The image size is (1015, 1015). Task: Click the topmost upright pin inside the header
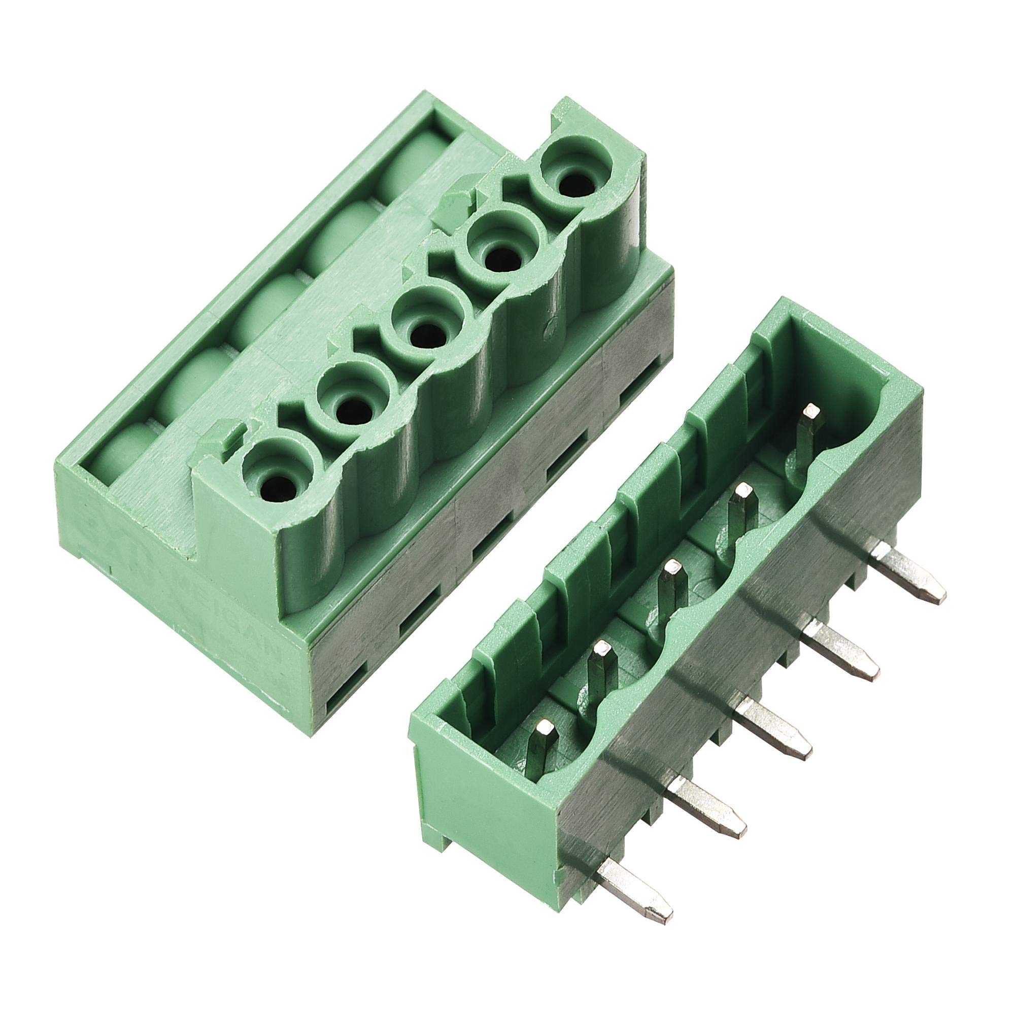pyautogui.click(x=805, y=431)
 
